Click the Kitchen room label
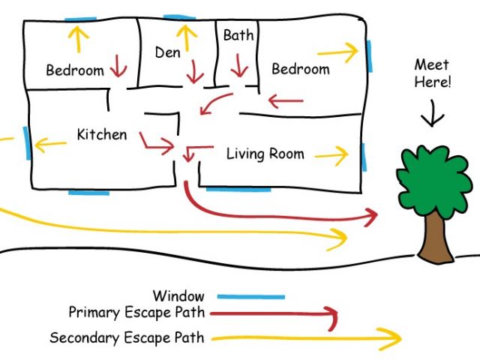coord(102,135)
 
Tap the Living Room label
coord(265,154)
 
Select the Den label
coord(168,52)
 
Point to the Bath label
coord(238,35)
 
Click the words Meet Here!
coord(433,73)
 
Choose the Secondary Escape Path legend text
coord(126,337)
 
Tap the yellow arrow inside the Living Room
coord(331,155)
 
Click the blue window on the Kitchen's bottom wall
coord(88,193)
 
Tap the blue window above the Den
coord(180,16)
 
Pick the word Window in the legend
coord(178,296)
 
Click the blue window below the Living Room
coord(238,189)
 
